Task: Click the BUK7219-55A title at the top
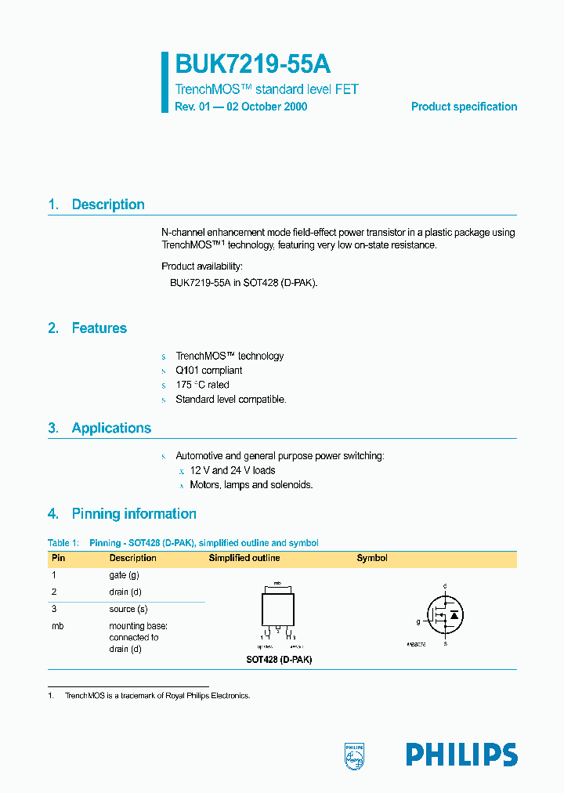pyautogui.click(x=247, y=64)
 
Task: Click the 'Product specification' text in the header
pyautogui.click(x=464, y=107)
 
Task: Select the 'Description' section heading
pyautogui.click(x=108, y=205)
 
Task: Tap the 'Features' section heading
pyautogui.click(x=99, y=328)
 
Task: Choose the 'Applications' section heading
pyautogui.click(x=111, y=428)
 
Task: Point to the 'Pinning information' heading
pyautogui.click(x=134, y=514)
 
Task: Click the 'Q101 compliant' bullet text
pyautogui.click(x=208, y=371)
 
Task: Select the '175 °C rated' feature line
pyautogui.click(x=202, y=385)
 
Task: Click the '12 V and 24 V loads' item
pyautogui.click(x=233, y=471)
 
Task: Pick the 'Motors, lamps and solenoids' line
pyautogui.click(x=251, y=485)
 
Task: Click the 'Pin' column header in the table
pyautogui.click(x=58, y=559)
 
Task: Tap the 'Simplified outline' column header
pyautogui.click(x=244, y=559)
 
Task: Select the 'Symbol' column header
pyautogui.click(x=372, y=559)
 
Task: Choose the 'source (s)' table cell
pyautogui.click(x=128, y=609)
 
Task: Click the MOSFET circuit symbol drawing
pyautogui.click(x=444, y=614)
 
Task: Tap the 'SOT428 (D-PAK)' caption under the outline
pyautogui.click(x=279, y=660)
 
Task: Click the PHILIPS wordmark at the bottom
pyautogui.click(x=461, y=755)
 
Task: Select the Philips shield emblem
pyautogui.click(x=355, y=755)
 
